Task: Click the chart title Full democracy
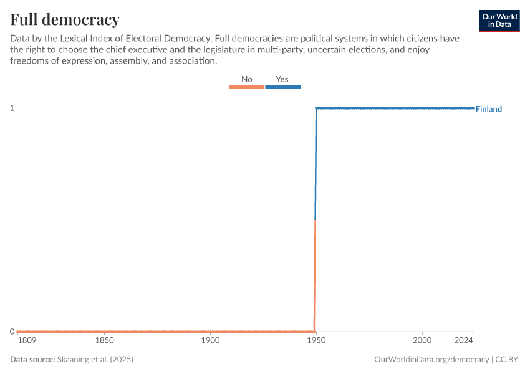[x=65, y=19]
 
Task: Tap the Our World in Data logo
[x=499, y=21]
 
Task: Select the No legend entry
[x=247, y=79]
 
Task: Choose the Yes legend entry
[x=282, y=79]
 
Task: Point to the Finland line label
[x=488, y=109]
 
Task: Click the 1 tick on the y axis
[x=12, y=108]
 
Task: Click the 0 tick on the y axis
[x=12, y=332]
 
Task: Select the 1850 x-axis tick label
[x=104, y=342]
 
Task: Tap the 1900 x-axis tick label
[x=210, y=342]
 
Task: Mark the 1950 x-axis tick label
[x=316, y=342]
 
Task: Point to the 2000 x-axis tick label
[x=422, y=342]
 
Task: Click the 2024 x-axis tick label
[x=463, y=342]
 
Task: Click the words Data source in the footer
[x=32, y=360]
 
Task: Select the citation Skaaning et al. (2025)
[x=95, y=360]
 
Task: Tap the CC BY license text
[x=508, y=360]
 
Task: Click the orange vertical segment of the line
[x=315, y=274]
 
